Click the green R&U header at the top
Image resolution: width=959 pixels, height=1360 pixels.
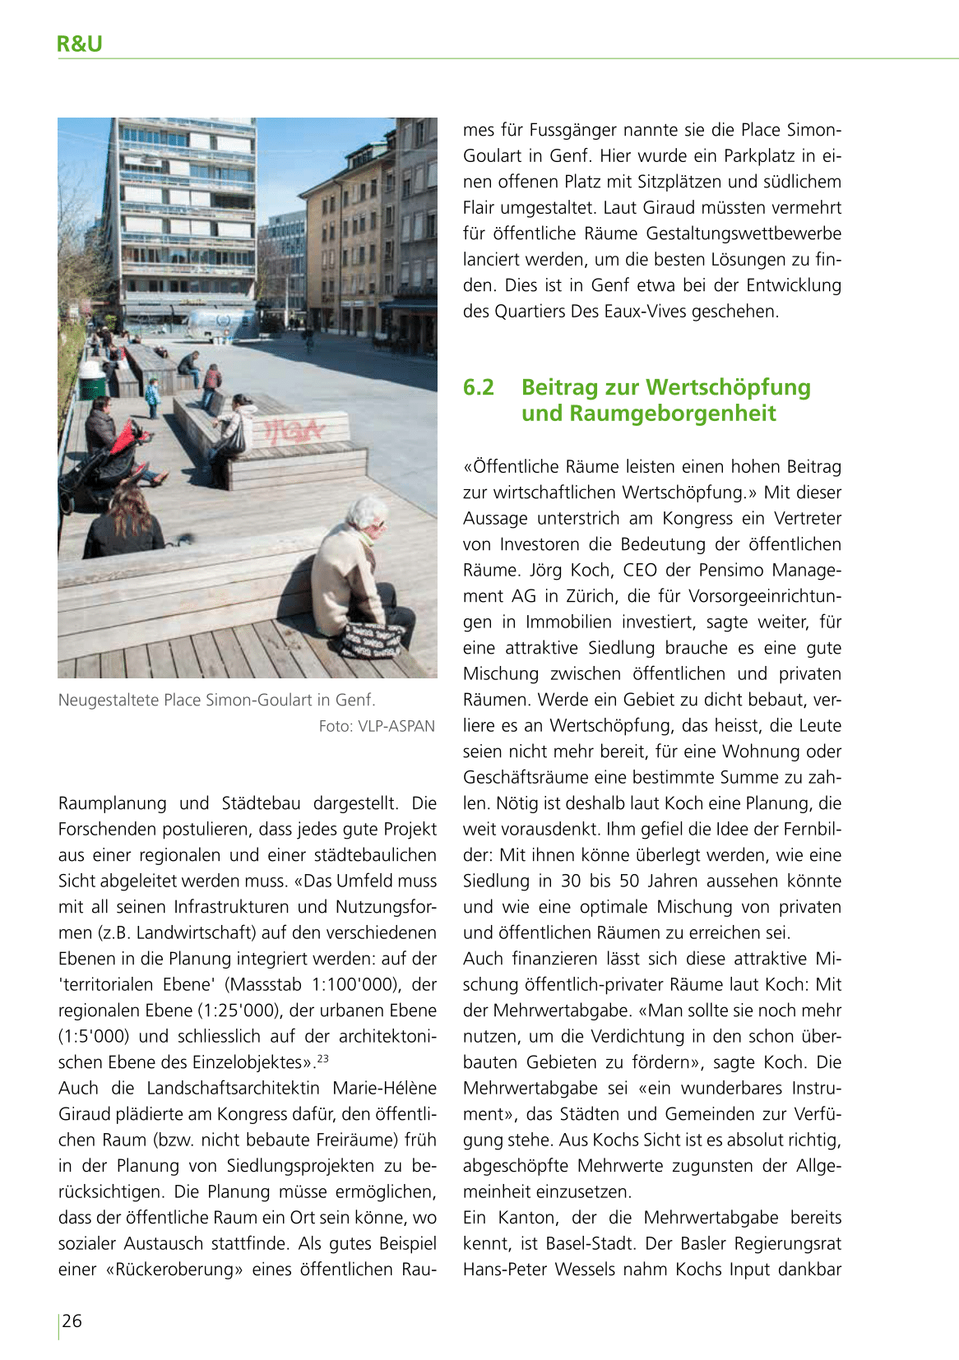click(x=80, y=44)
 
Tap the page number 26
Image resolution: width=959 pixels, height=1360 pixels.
click(x=72, y=1321)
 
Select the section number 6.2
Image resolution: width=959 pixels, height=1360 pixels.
click(x=479, y=387)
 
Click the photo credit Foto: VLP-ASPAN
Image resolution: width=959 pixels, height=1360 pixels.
click(x=377, y=726)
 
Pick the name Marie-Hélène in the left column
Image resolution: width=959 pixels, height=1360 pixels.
click(x=384, y=1088)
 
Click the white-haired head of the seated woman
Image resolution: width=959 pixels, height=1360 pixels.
click(x=366, y=513)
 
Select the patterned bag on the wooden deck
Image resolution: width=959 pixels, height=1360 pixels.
click(x=372, y=641)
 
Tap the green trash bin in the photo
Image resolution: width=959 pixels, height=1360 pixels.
click(x=92, y=382)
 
